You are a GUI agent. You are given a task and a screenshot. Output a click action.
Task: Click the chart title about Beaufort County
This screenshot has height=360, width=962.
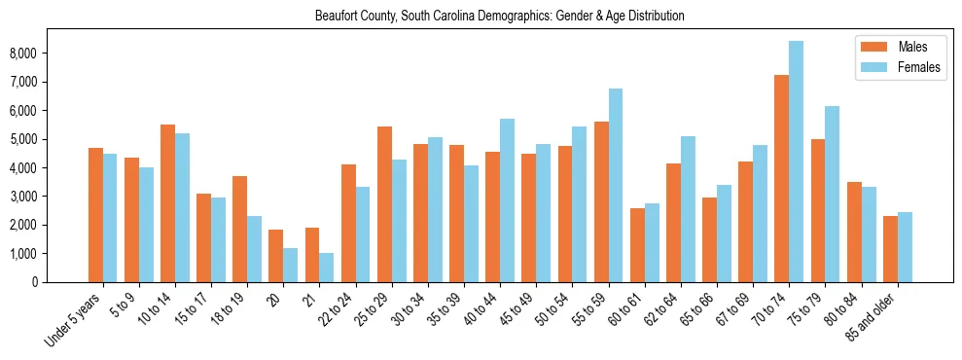coord(500,17)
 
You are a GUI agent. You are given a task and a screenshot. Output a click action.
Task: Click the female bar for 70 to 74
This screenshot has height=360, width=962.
coord(796,162)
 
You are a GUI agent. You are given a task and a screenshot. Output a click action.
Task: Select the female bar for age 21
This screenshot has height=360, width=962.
coord(326,268)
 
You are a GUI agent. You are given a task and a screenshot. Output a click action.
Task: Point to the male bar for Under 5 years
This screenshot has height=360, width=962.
coord(95,215)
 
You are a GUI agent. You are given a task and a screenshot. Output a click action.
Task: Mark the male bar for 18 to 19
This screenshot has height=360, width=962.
coord(239,229)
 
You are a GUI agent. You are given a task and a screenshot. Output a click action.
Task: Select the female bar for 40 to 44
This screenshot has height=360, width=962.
coord(507,200)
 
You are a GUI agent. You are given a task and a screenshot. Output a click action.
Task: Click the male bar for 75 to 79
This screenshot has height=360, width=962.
coord(818,210)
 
